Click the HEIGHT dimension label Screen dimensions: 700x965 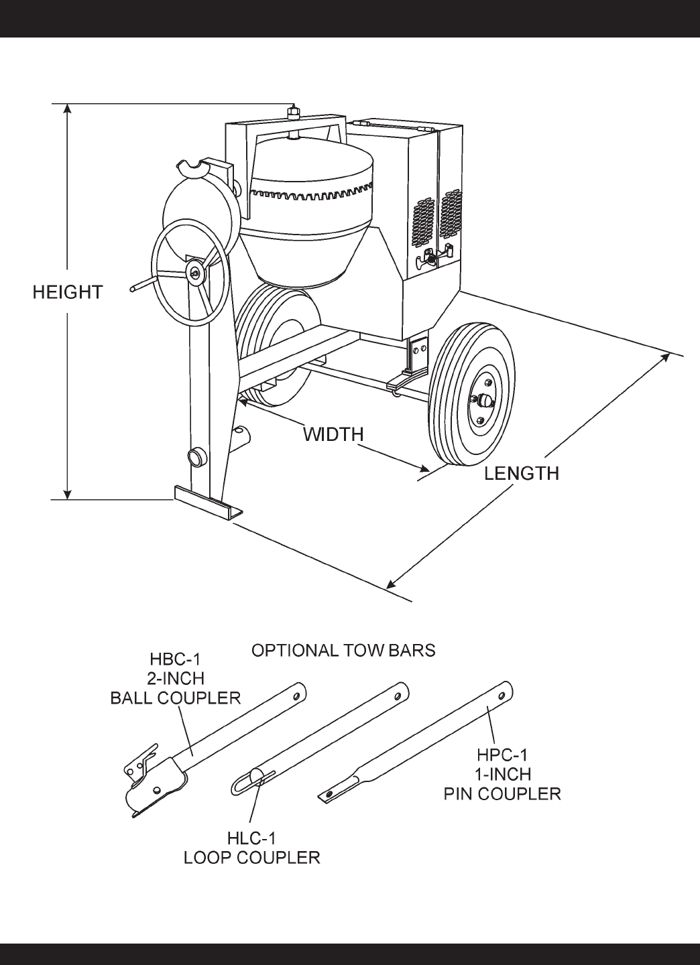[68, 292]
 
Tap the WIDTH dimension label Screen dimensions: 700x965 [334, 434]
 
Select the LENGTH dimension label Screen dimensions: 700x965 [522, 473]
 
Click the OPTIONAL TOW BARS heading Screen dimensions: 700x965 [343, 650]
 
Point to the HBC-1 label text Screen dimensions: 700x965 [175, 659]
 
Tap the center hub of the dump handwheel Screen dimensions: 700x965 [196, 271]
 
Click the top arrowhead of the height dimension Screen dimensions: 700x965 [67, 109]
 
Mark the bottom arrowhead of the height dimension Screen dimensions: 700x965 [67, 494]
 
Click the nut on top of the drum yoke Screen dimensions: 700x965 [294, 112]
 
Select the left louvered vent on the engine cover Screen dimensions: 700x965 [423, 222]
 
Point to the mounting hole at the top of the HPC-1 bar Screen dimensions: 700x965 [502, 696]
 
